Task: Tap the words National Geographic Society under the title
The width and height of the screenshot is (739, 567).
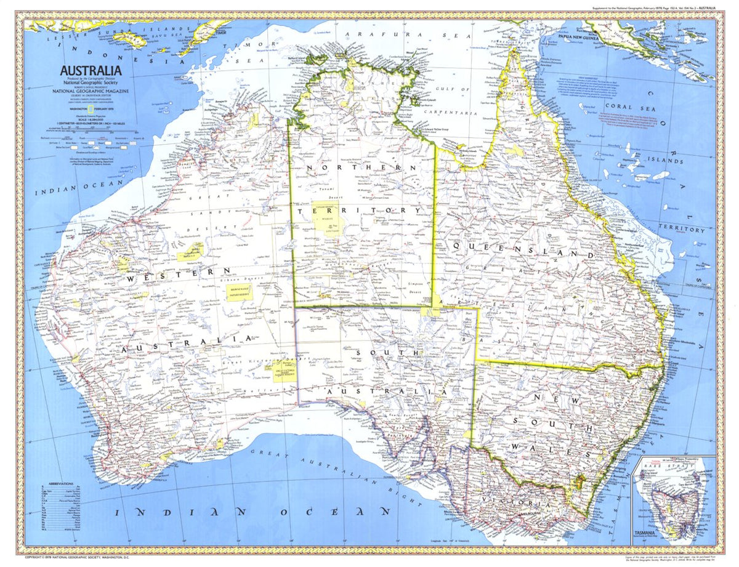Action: [92, 83]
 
